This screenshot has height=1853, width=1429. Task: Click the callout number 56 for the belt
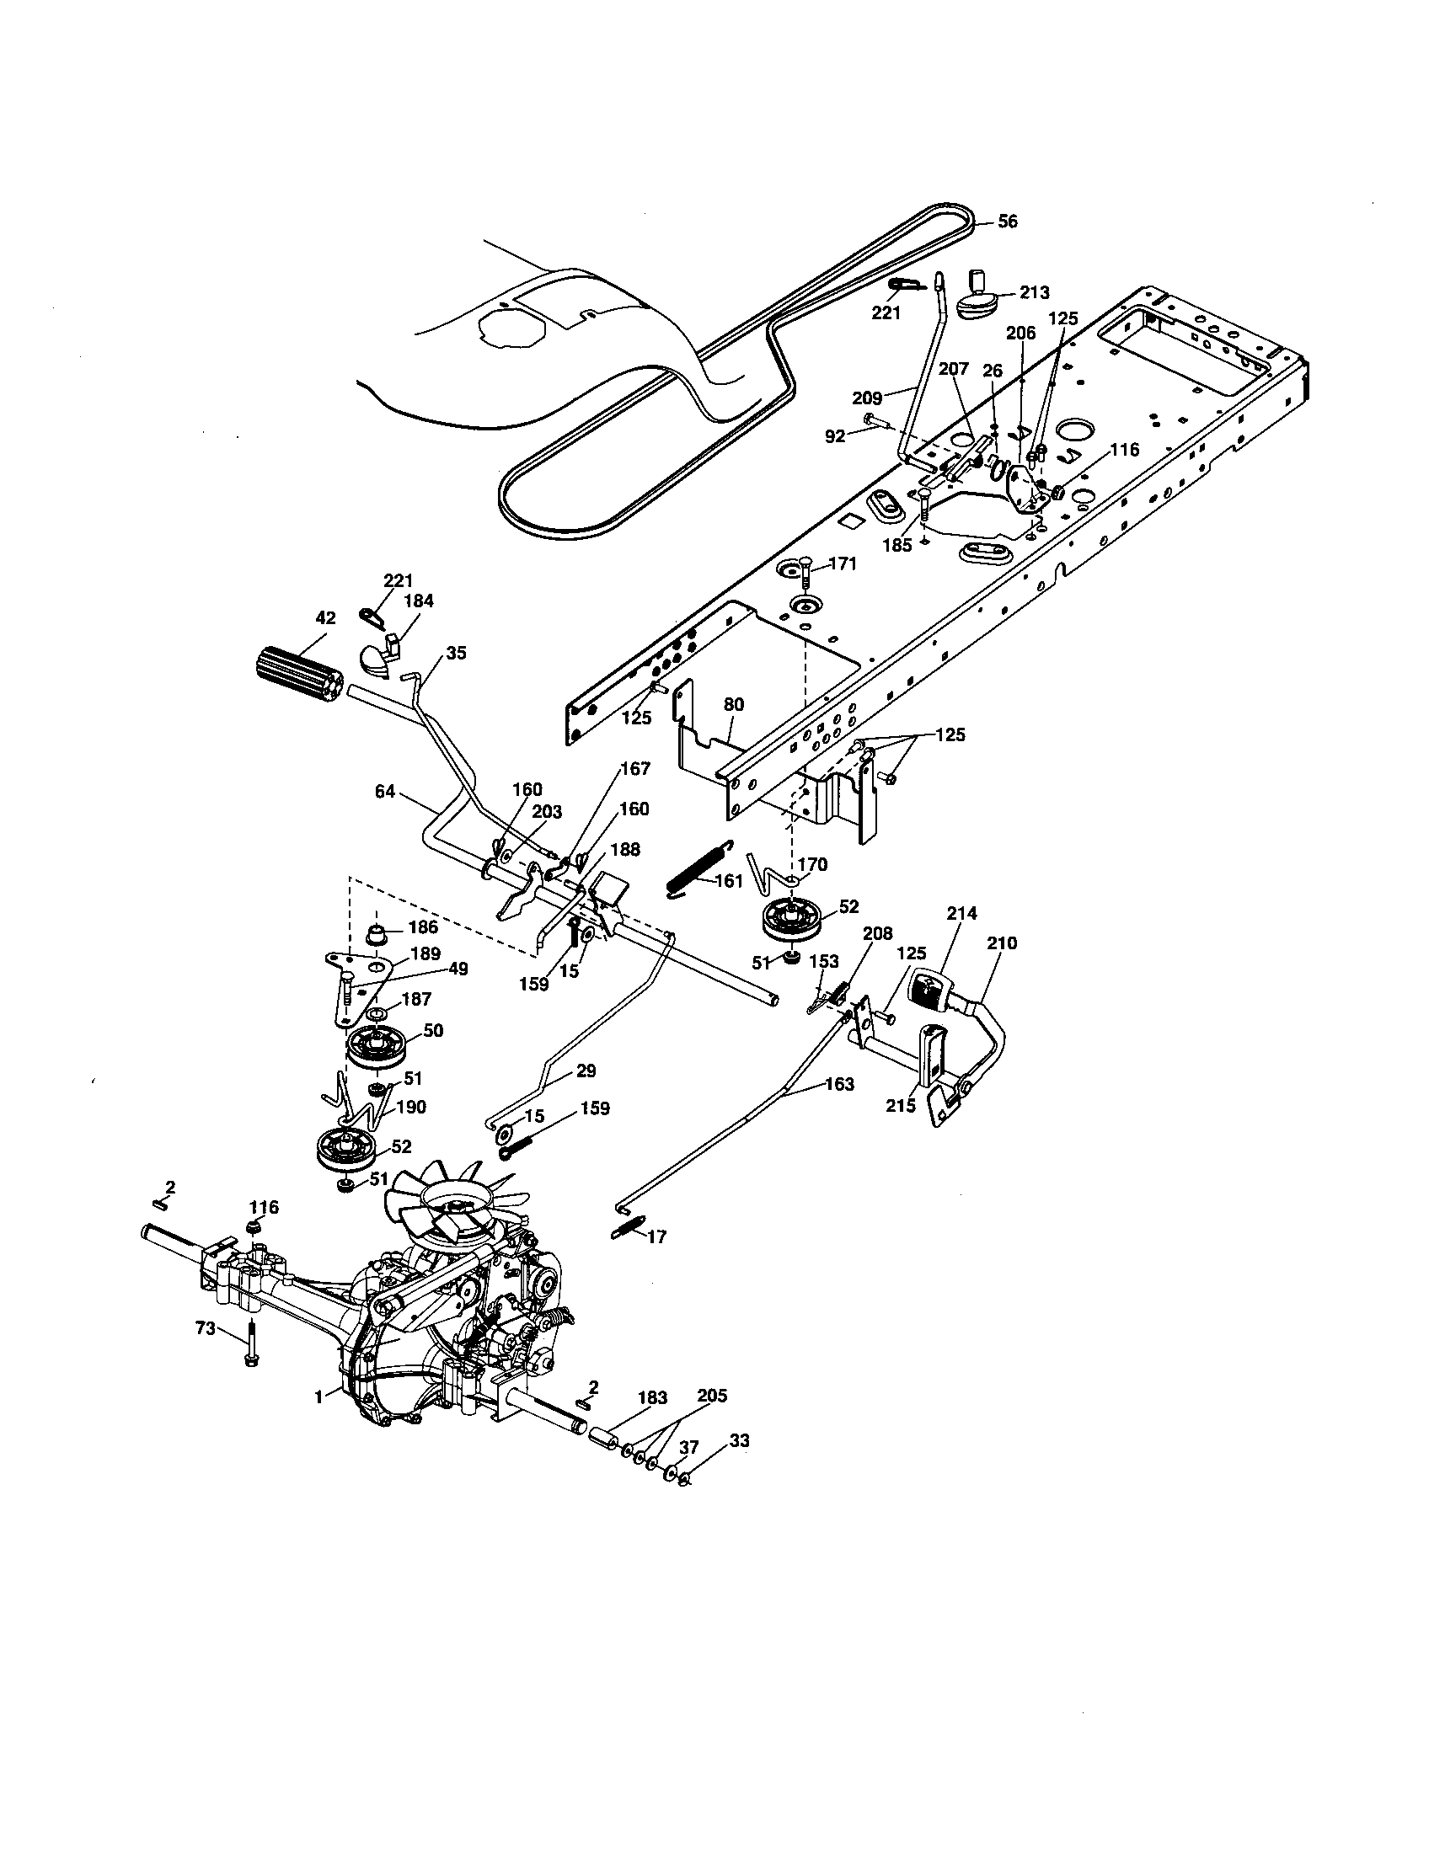coord(1007,222)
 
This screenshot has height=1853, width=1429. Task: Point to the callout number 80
coord(733,704)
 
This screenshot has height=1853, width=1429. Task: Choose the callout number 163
coord(838,1084)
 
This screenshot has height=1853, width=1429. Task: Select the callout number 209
coord(867,396)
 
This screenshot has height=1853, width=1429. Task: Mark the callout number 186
coord(425,928)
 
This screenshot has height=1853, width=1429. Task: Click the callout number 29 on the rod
coord(586,1071)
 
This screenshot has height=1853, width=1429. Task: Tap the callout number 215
coord(901,1106)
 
